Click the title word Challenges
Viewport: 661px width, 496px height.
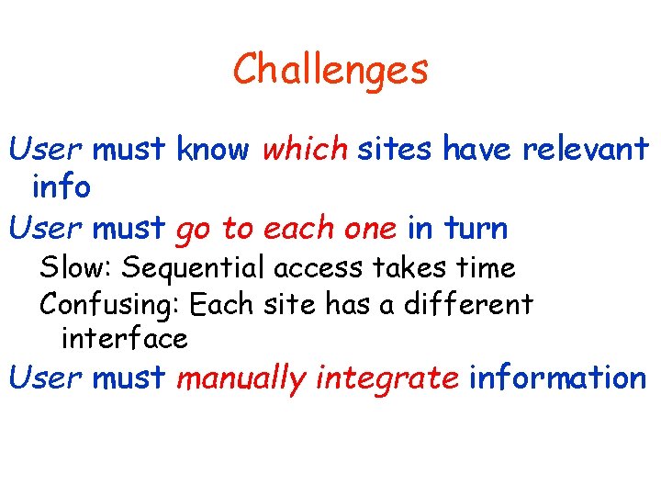(330, 70)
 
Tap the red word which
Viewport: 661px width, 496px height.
(305, 149)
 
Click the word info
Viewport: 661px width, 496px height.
(61, 187)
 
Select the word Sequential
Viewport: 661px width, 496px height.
(196, 268)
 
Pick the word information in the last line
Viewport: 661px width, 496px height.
(557, 378)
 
